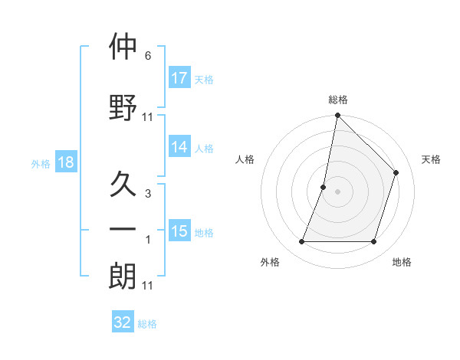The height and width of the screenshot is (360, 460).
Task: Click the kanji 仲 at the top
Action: tap(123, 47)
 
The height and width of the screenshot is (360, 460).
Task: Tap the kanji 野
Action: tap(123, 106)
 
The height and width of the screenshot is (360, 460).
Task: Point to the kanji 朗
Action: tap(123, 277)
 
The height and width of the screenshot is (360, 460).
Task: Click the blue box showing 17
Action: tap(179, 78)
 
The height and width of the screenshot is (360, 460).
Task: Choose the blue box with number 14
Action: tap(179, 148)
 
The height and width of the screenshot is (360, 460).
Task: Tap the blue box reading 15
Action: tap(179, 231)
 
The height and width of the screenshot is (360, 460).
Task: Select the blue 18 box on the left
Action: tap(65, 162)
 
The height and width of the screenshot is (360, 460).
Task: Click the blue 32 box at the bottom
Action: tap(123, 322)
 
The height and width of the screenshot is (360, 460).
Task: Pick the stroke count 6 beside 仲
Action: tap(147, 56)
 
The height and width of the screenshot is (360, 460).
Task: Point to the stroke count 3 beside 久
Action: tap(147, 194)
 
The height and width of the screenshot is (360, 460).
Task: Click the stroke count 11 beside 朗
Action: tap(147, 286)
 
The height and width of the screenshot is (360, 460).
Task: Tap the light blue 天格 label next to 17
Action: tap(204, 79)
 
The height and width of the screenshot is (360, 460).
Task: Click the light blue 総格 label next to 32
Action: tap(147, 324)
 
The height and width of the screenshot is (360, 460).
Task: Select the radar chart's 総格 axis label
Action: tap(337, 100)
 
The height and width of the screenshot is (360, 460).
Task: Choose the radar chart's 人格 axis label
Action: tap(245, 159)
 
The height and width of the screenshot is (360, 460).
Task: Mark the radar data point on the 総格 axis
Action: tap(337, 116)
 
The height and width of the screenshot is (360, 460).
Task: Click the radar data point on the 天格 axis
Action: tap(396, 172)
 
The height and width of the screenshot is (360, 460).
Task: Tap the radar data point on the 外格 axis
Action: tap(301, 242)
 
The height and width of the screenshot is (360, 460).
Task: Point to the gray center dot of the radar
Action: tap(337, 191)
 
